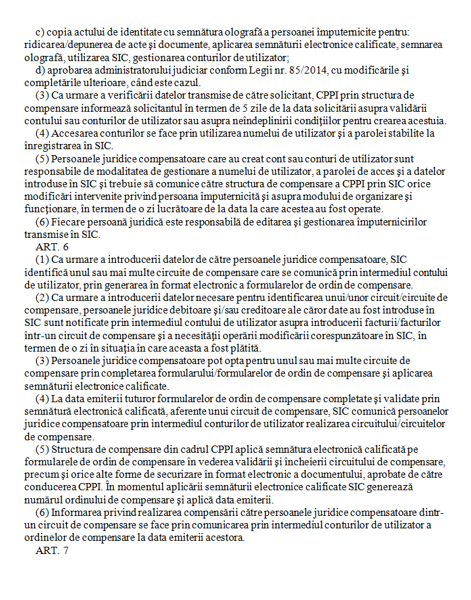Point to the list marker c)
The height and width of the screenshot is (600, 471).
pyautogui.click(x=39, y=32)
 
